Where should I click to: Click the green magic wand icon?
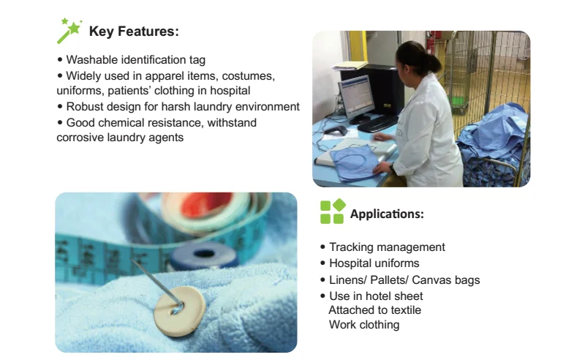pyautogui.click(x=69, y=31)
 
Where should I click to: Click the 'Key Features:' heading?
pyautogui.click(x=134, y=31)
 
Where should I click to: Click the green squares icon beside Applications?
pyautogui.click(x=333, y=211)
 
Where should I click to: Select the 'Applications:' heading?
pyautogui.click(x=387, y=214)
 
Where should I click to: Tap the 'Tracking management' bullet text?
pyautogui.click(x=387, y=247)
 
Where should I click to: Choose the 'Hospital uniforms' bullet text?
pyautogui.click(x=374, y=263)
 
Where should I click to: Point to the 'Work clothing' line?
pyautogui.click(x=364, y=325)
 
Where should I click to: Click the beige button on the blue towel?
pyautogui.click(x=179, y=311)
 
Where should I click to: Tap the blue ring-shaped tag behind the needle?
pyautogui.click(x=204, y=255)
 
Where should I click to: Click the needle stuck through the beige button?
pyautogui.click(x=156, y=285)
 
